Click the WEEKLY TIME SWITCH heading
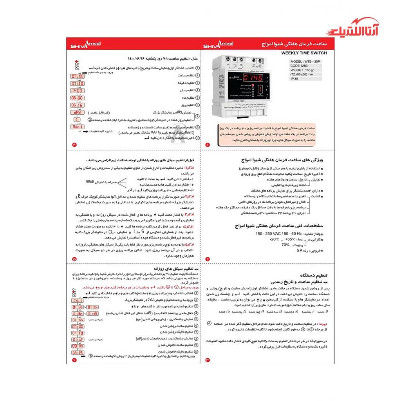304,53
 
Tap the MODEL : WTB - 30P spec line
305,61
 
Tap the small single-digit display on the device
260,91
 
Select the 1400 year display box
77,91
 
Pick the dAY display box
77,113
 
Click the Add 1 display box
77,127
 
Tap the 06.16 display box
77,105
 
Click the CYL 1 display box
77,300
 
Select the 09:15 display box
77,352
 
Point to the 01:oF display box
77,340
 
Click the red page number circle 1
208,145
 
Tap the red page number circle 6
74,359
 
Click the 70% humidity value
285,244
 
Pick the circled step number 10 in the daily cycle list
196,351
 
